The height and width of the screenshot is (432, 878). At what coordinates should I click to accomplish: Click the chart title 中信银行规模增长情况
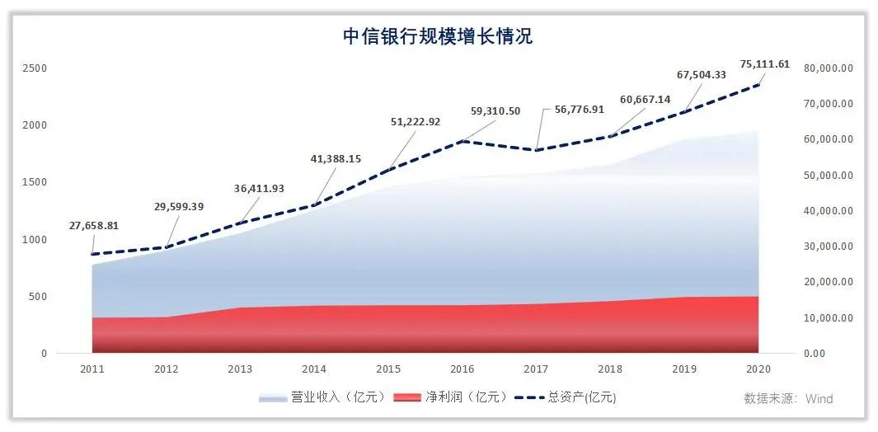coord(439,36)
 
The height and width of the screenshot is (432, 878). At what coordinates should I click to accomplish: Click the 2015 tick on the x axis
coord(389,369)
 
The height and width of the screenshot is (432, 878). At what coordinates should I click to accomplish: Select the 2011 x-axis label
coord(92,369)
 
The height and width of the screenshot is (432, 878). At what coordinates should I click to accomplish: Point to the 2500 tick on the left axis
coord(36,68)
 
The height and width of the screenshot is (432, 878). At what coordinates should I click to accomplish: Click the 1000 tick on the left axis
coord(36,240)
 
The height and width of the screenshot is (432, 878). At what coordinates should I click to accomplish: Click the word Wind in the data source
coord(819,399)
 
